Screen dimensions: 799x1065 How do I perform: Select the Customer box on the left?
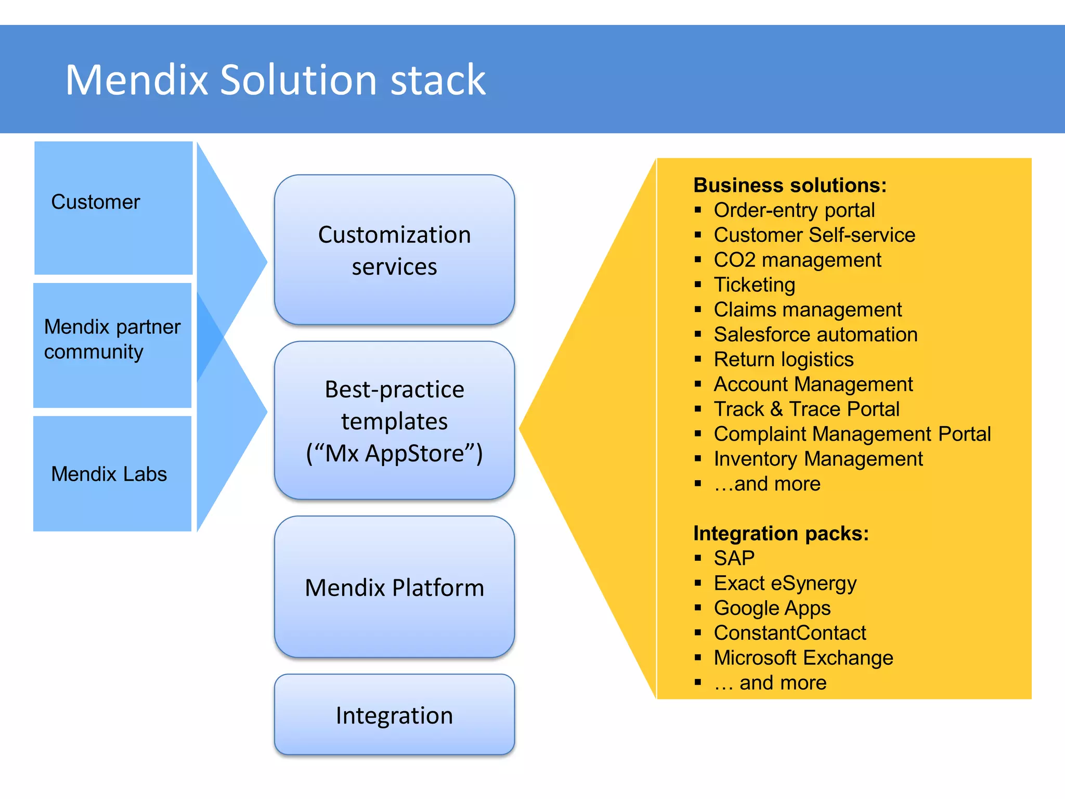point(113,208)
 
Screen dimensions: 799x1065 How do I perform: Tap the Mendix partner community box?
point(112,344)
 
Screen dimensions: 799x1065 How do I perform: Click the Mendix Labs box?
point(112,473)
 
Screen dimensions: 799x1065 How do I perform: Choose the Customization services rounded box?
point(394,250)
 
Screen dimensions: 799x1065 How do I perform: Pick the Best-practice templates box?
point(394,420)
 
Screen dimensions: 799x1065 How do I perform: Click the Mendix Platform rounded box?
point(394,587)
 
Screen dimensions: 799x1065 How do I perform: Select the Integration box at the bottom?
point(394,715)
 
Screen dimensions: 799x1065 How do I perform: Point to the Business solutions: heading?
point(789,185)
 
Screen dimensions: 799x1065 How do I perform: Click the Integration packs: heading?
point(781,533)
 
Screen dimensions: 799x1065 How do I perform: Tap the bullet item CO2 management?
point(797,260)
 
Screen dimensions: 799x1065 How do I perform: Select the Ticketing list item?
point(754,285)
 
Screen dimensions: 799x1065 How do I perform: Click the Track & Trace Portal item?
point(806,409)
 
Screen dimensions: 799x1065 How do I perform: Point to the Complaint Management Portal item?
point(852,434)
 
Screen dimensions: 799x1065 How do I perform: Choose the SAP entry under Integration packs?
point(734,558)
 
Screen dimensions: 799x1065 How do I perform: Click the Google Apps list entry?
point(772,608)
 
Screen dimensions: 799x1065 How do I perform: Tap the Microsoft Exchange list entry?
point(803,658)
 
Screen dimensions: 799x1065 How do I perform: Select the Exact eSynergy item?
point(785,583)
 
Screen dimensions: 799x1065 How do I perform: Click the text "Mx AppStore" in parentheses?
point(394,453)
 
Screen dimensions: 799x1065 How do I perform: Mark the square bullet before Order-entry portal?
point(698,210)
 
